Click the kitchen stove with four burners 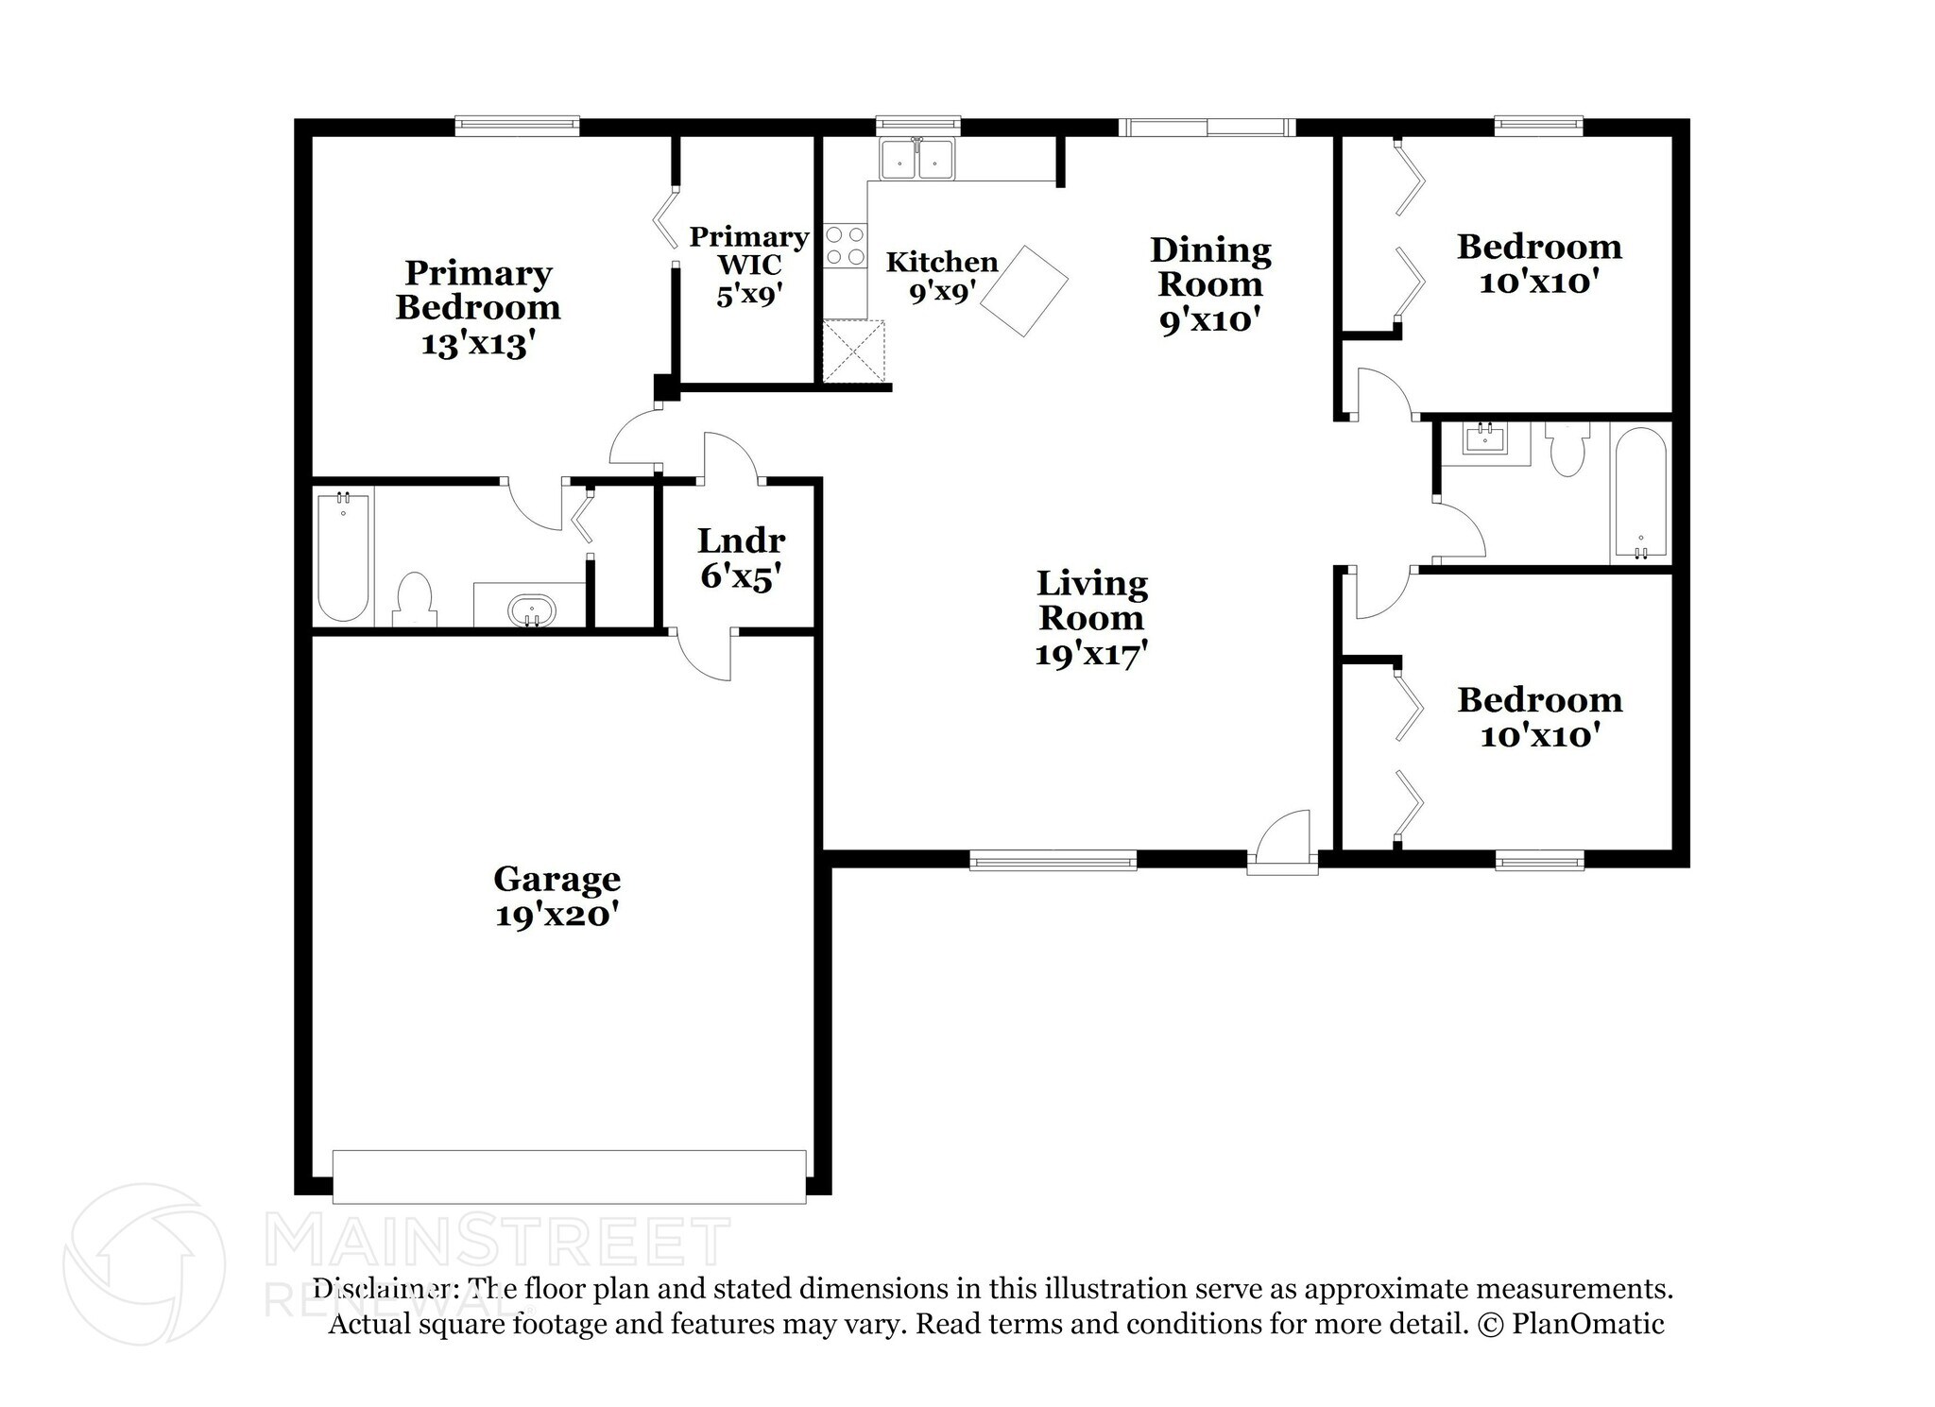pyautogui.click(x=845, y=245)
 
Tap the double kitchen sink pyautogui.click(x=916, y=159)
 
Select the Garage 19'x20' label pyautogui.click(x=557, y=897)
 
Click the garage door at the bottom pyautogui.click(x=570, y=1176)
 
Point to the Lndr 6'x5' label pyautogui.click(x=741, y=558)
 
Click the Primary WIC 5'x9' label pyautogui.click(x=748, y=266)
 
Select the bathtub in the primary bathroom pyautogui.click(x=343, y=556)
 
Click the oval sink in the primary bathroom pyautogui.click(x=532, y=610)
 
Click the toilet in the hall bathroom pyautogui.click(x=1567, y=449)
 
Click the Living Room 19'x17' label pyautogui.click(x=1091, y=618)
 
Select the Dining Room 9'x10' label pyautogui.click(x=1210, y=284)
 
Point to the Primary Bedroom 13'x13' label pyautogui.click(x=478, y=308)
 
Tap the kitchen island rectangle pyautogui.click(x=1024, y=291)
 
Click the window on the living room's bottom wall pyautogui.click(x=1053, y=859)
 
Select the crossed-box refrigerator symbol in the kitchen pyautogui.click(x=854, y=352)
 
